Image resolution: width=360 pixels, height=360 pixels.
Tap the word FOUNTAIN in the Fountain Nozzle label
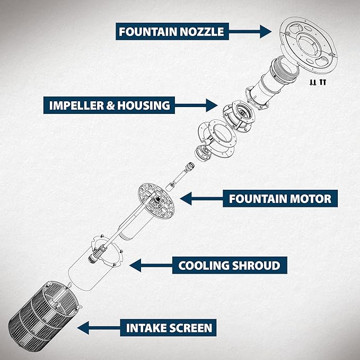[145, 31]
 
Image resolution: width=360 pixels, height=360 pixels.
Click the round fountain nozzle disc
[308, 45]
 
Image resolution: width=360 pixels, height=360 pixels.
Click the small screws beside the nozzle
[318, 82]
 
